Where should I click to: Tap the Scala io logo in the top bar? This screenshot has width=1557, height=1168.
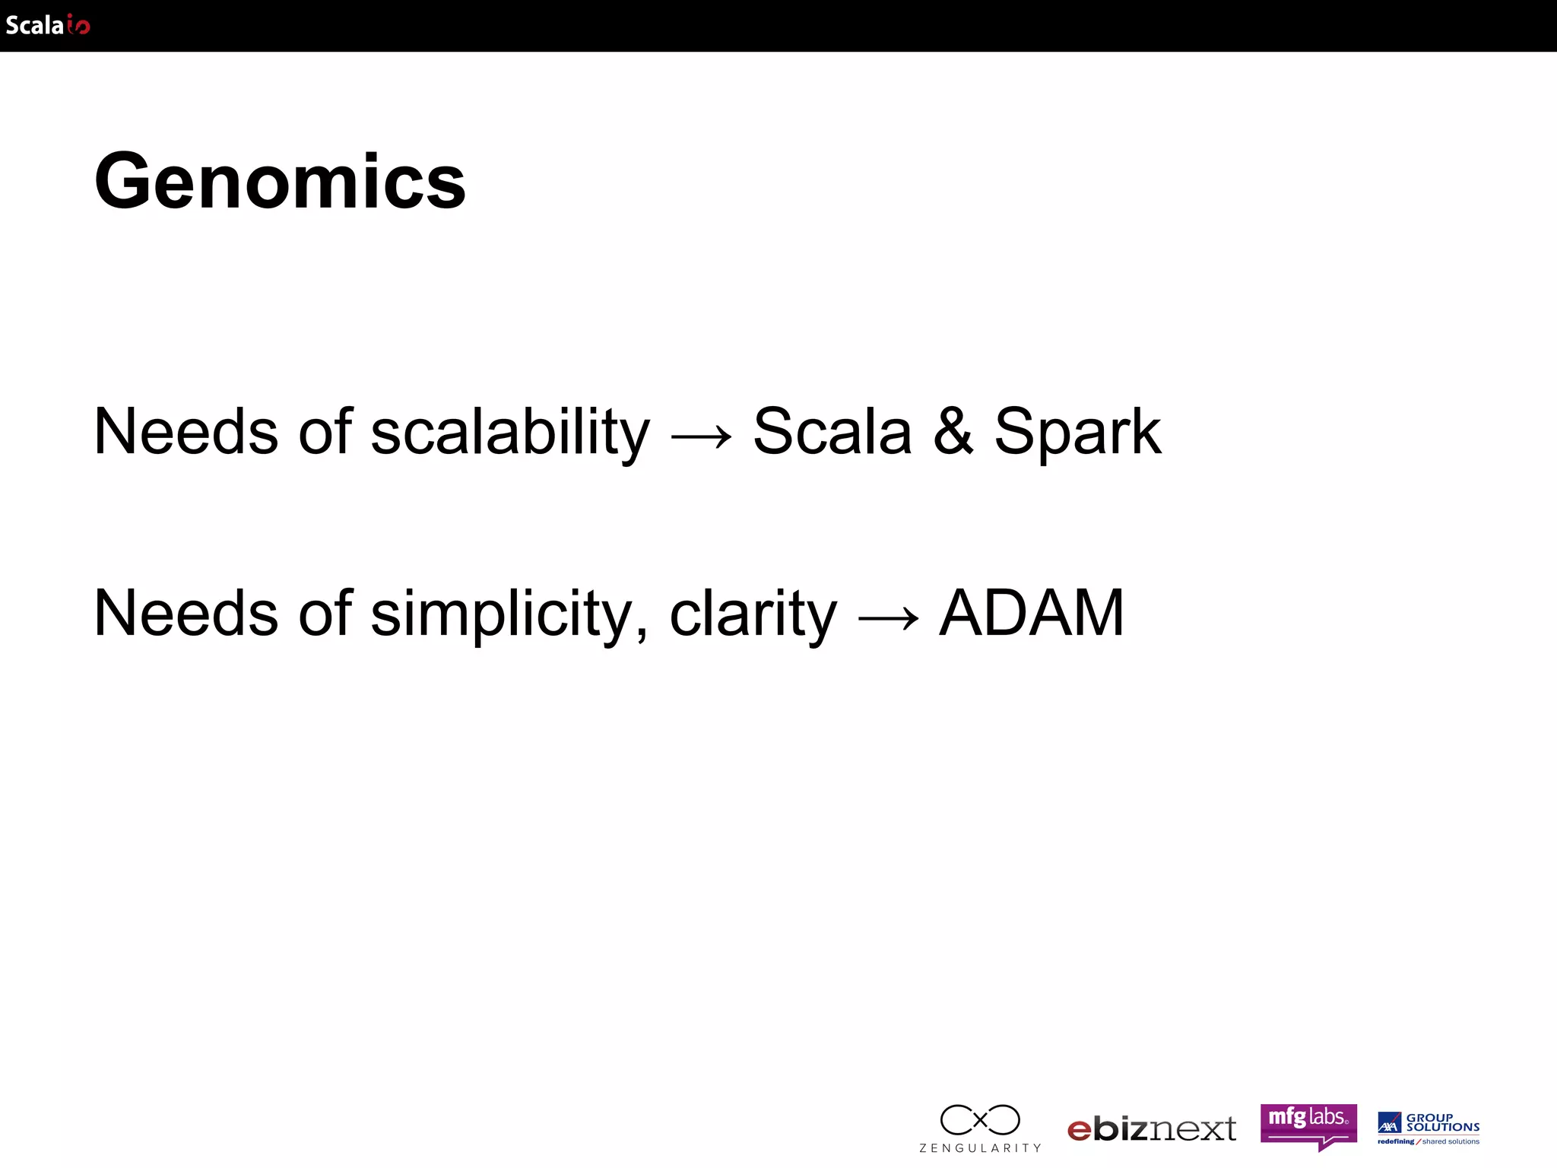pyautogui.click(x=47, y=25)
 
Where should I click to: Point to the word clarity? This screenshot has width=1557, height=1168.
pyautogui.click(x=753, y=614)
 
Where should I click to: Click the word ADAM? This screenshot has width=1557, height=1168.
pyautogui.click(x=1032, y=612)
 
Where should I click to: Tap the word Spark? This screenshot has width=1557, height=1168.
pyautogui.click(x=1077, y=432)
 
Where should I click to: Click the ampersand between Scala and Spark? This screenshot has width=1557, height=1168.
pyautogui.click(x=953, y=431)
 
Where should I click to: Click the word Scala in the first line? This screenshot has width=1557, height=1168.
pyautogui.click(x=832, y=431)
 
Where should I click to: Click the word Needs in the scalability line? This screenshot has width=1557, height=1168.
pyautogui.click(x=186, y=431)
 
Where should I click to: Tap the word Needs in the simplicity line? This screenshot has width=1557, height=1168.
pyautogui.click(x=186, y=613)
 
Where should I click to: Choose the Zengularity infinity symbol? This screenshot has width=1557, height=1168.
pyautogui.click(x=980, y=1120)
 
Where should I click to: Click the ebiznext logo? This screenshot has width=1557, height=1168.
pyautogui.click(x=1152, y=1129)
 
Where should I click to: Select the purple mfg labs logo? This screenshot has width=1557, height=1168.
pyautogui.click(x=1308, y=1124)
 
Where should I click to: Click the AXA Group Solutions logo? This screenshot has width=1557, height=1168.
pyautogui.click(x=1429, y=1128)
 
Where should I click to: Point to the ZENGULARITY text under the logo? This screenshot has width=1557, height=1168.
pyautogui.click(x=980, y=1148)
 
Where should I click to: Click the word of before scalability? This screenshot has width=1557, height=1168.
pyautogui.click(x=325, y=431)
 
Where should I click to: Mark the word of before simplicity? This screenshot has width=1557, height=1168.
pyautogui.click(x=325, y=613)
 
